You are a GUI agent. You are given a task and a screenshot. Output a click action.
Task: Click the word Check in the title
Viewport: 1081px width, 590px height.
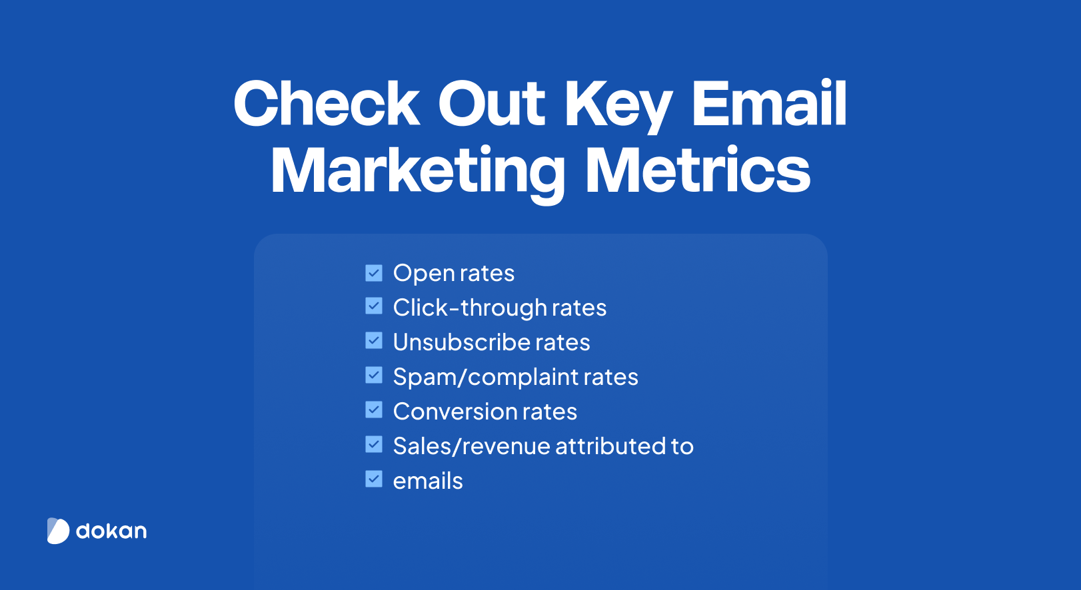[x=326, y=104]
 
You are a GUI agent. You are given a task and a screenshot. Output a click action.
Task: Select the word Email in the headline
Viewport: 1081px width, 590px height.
[x=769, y=103]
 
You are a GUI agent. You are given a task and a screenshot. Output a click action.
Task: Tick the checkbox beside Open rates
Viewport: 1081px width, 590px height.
[x=374, y=273]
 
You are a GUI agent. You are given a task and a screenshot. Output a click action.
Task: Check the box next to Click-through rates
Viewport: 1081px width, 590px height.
[x=374, y=306]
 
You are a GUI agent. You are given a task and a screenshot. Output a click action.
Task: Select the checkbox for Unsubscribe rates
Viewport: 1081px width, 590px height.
[x=374, y=340]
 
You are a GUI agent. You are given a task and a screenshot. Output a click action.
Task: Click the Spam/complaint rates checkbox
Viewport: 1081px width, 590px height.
[x=374, y=375]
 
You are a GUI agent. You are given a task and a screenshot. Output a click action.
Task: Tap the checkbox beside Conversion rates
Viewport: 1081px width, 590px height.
[x=374, y=410]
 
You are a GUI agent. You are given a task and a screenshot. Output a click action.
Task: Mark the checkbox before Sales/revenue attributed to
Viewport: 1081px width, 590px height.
[x=374, y=444]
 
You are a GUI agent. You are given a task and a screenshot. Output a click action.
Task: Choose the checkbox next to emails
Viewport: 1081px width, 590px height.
[x=374, y=479]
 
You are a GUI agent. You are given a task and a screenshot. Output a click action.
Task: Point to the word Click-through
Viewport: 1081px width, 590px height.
[x=470, y=308]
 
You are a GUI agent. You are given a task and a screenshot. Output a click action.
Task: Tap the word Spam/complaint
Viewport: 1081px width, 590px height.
[x=486, y=378]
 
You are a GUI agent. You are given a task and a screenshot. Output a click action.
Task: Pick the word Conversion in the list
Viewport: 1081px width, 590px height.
[x=455, y=412]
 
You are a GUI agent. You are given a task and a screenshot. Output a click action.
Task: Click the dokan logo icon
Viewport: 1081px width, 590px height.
[x=59, y=531]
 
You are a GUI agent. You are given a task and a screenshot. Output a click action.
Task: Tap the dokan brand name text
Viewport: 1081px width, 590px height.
[x=111, y=531]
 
